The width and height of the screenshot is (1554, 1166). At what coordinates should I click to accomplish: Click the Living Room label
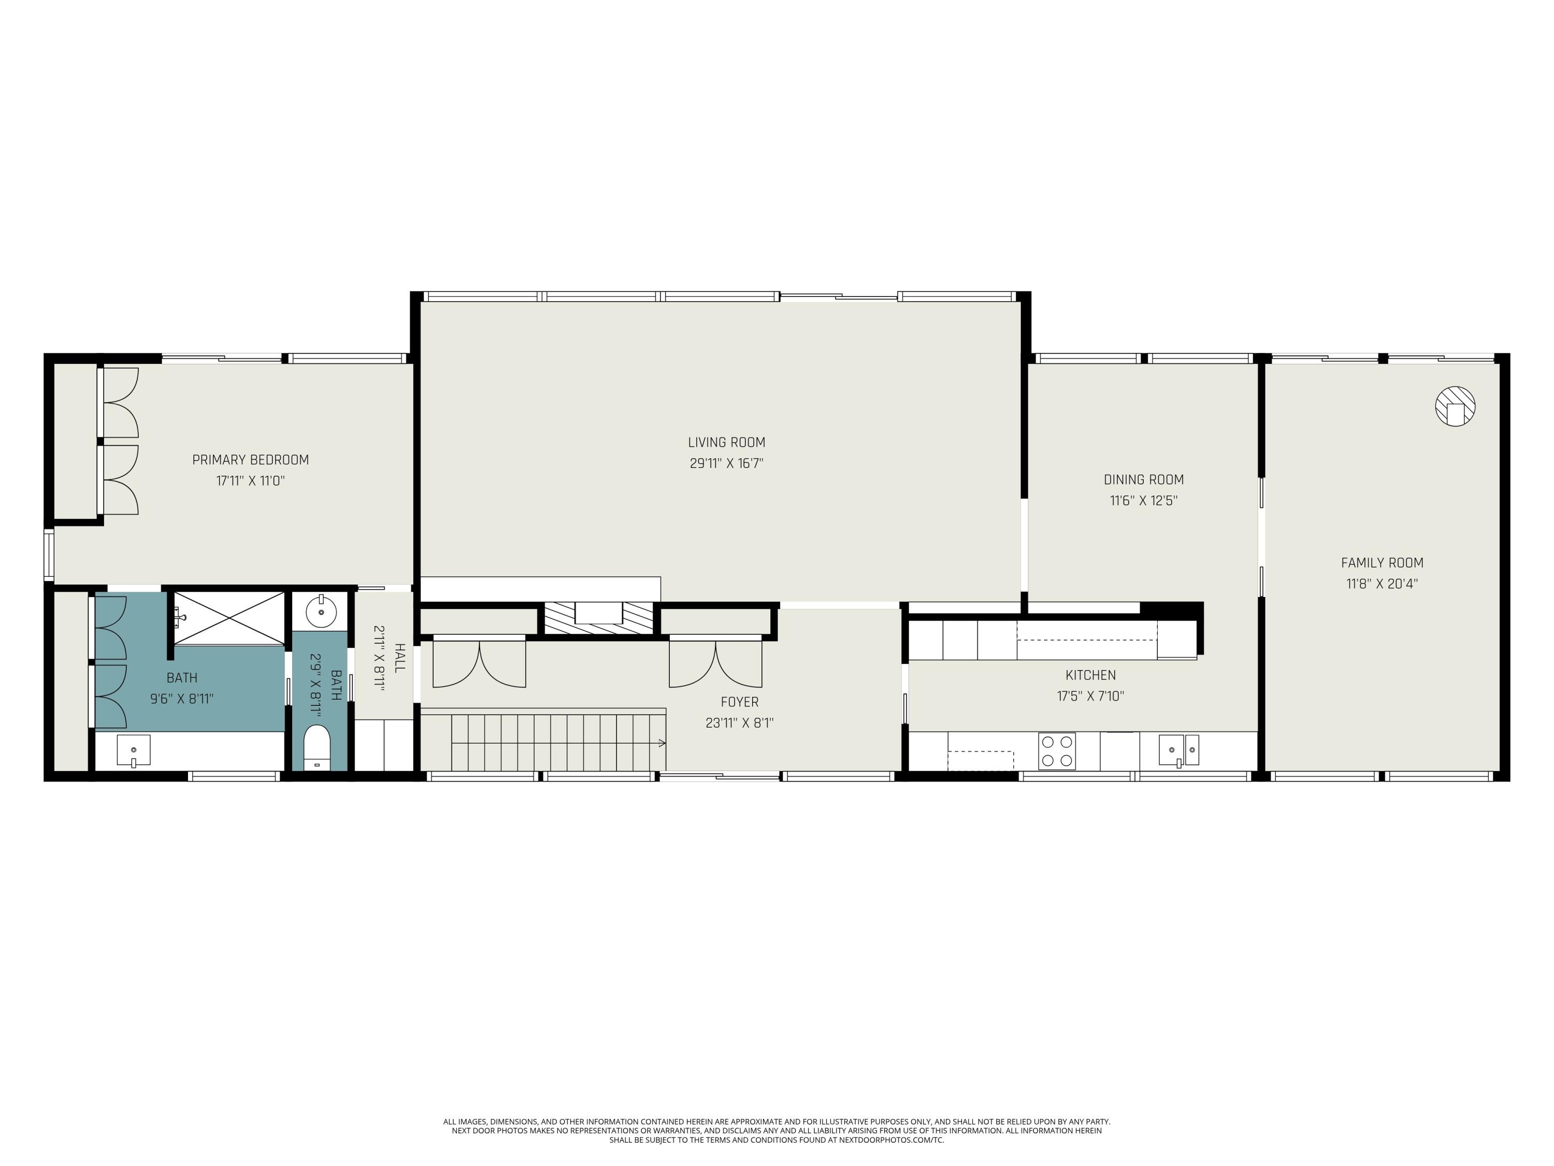[x=726, y=442]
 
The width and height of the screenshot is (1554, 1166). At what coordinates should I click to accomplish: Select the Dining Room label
[x=1143, y=479]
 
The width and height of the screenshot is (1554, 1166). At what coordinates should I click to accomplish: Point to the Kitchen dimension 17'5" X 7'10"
[x=1090, y=696]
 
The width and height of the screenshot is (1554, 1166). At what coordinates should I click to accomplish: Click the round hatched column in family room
[x=1454, y=406]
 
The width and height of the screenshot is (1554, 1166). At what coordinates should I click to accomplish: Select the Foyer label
[x=739, y=702]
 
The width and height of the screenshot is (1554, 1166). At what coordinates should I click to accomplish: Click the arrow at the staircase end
[x=660, y=742]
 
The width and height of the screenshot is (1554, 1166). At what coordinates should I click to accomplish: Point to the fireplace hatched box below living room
[x=599, y=618]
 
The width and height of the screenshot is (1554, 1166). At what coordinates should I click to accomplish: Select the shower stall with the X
[x=228, y=617]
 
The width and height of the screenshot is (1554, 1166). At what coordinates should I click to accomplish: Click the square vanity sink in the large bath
[x=133, y=750]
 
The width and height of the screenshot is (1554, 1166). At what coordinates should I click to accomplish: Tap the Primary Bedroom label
[x=250, y=460]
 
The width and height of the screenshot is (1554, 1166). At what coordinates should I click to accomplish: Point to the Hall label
[x=399, y=658]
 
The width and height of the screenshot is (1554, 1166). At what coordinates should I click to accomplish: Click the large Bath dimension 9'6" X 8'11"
[x=181, y=699]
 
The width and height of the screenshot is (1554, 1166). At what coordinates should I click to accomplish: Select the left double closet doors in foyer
[x=479, y=662]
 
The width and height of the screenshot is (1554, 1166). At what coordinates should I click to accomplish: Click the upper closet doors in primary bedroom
[x=121, y=403]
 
